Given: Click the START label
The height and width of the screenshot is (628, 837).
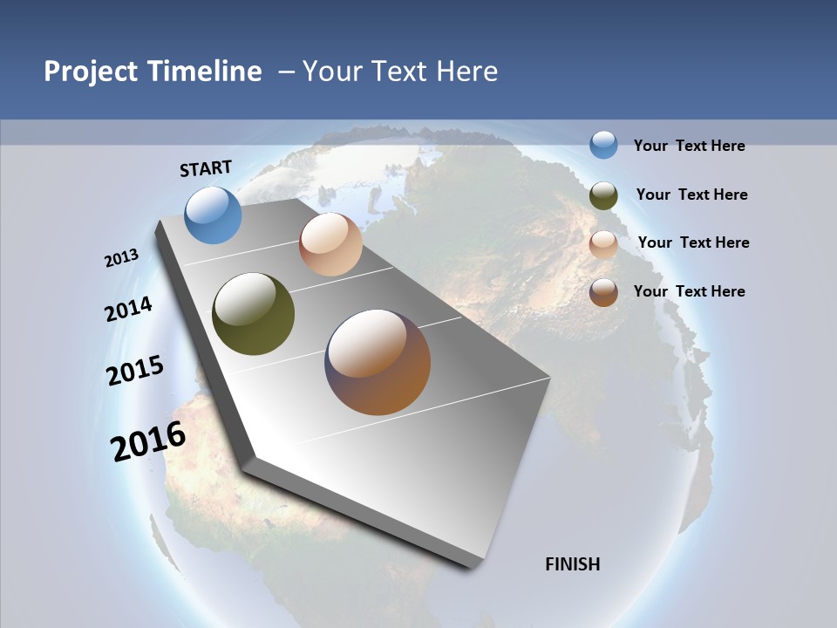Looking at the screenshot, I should click(x=206, y=168).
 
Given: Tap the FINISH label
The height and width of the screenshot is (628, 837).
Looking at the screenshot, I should click(x=572, y=564).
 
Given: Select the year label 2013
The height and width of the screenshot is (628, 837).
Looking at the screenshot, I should click(x=121, y=258).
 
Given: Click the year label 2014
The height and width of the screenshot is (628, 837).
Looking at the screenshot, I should click(x=128, y=309).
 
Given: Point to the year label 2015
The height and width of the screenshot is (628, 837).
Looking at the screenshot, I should click(x=135, y=371).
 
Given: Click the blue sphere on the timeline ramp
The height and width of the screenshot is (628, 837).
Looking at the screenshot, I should click(x=214, y=215).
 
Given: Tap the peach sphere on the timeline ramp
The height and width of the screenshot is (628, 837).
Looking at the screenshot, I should click(x=330, y=244).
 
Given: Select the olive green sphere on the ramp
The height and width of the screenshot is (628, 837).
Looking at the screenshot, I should click(x=253, y=314).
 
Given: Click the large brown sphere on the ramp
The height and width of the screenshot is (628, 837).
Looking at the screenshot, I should click(x=378, y=362).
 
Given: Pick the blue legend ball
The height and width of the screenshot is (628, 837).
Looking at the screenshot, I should click(x=603, y=145).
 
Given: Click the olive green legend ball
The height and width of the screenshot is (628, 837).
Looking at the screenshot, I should click(x=603, y=195).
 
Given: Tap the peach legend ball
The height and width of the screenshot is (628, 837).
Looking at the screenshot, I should click(x=603, y=244).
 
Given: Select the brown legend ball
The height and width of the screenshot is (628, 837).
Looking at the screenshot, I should click(x=603, y=292).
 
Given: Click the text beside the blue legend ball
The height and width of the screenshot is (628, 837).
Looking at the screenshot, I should click(x=689, y=146).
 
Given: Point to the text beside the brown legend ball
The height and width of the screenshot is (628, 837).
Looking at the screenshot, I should click(x=689, y=291).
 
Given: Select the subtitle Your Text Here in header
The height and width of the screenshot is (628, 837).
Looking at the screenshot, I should click(x=399, y=72).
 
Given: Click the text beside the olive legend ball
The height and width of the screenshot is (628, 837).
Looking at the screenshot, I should click(x=691, y=195).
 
